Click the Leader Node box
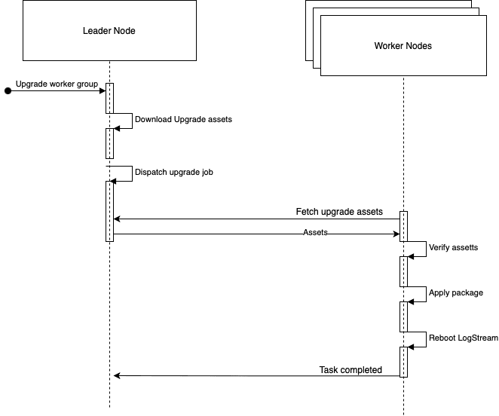[x=109, y=30]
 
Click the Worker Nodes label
[x=403, y=46]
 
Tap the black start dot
[x=8, y=90]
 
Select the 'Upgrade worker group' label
[x=57, y=84]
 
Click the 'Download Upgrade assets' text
[x=183, y=119]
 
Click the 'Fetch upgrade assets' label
[x=339, y=212]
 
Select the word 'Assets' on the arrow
[x=315, y=233]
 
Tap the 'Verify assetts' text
[x=453, y=247]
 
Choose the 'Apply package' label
[x=456, y=292]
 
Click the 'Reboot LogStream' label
[x=464, y=338]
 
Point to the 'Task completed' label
[x=351, y=370]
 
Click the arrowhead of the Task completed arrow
[x=116, y=376]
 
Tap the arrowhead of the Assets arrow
[x=396, y=234]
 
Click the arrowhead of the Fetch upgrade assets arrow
[x=116, y=219]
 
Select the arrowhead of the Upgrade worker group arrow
[x=103, y=90]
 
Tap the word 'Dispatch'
[x=152, y=172]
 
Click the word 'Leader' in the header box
[x=96, y=31]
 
